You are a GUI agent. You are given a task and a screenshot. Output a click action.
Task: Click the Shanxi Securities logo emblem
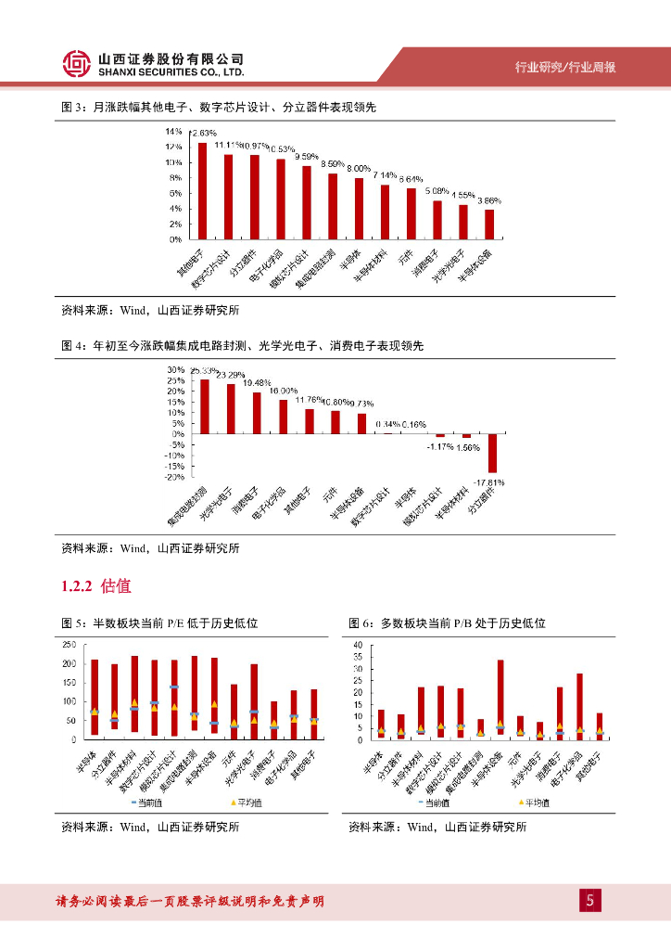tap(76, 63)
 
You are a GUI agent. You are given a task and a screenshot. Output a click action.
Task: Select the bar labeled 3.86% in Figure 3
tap(489, 224)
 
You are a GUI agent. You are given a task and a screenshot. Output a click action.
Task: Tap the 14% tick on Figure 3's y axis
tap(174, 132)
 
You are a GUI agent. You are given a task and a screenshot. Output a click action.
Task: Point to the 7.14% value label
tap(385, 174)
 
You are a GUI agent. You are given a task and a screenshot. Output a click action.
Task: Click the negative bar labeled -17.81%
tap(493, 453)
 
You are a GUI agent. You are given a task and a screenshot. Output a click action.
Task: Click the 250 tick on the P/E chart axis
tap(69, 644)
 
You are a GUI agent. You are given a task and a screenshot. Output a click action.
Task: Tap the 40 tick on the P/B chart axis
tap(358, 644)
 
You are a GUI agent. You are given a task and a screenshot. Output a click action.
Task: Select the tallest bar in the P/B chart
tap(500, 699)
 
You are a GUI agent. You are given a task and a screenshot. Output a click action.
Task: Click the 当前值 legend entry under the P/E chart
tap(147, 802)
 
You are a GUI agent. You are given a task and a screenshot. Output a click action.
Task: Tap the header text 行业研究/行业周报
tap(565, 67)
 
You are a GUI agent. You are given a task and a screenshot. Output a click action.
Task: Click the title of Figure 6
tap(447, 623)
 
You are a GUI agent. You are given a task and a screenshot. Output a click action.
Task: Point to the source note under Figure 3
tap(150, 310)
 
